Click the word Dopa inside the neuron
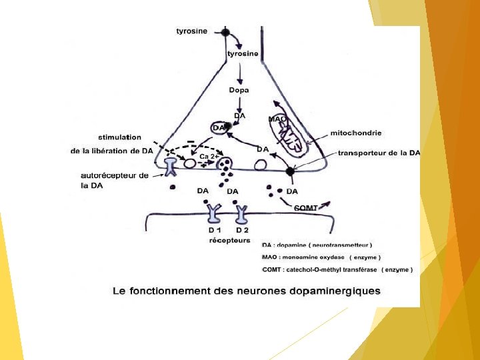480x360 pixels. [x=239, y=90]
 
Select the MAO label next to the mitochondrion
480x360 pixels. [x=277, y=119]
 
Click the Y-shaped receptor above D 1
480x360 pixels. [x=214, y=213]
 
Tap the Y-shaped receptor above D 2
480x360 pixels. [x=241, y=213]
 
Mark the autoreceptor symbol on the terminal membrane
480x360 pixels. [x=171, y=165]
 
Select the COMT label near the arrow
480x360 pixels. [x=306, y=208]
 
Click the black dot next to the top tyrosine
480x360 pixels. [x=225, y=32]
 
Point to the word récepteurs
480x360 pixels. [x=229, y=240]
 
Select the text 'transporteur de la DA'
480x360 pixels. [x=379, y=153]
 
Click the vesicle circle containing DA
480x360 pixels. [x=220, y=127]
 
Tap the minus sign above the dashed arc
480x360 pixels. [x=191, y=141]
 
